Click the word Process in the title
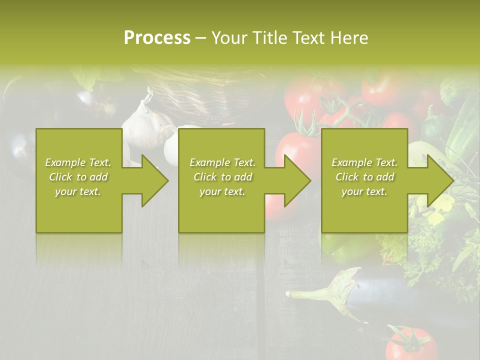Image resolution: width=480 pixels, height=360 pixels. click(157, 38)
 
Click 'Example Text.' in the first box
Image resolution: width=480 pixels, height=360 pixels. click(78, 162)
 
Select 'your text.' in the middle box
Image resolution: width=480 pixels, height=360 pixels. click(222, 191)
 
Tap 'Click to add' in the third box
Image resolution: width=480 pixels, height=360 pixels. click(364, 177)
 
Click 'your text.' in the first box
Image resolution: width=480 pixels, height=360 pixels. click(78, 191)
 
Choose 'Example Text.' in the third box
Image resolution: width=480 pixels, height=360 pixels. click(364, 162)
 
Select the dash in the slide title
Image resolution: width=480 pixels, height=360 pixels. click(200, 38)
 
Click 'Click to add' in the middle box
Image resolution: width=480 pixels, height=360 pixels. click(222, 177)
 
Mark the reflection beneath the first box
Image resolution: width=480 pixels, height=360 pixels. click(79, 247)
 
